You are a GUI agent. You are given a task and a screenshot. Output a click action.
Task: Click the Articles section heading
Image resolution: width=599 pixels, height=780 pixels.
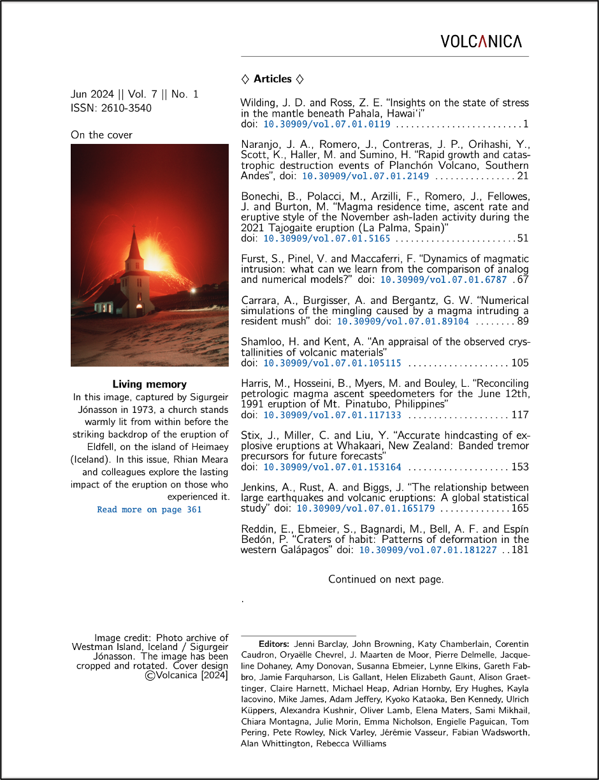point(273,79)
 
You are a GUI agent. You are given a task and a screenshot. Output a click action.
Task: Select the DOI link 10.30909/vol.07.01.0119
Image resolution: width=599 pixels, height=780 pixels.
point(327,124)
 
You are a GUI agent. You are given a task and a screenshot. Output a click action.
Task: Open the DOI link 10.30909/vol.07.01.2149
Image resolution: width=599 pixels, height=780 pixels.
point(365,176)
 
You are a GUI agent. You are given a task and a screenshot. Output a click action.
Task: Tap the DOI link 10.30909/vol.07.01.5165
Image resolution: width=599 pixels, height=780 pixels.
point(327,238)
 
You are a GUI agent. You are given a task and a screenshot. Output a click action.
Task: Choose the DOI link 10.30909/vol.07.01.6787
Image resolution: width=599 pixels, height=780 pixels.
point(444,279)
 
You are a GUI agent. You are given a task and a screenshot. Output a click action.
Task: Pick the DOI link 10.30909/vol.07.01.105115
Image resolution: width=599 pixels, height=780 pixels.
point(332,363)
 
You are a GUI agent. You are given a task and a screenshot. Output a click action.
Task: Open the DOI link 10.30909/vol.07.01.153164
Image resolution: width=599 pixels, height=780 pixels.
point(332,467)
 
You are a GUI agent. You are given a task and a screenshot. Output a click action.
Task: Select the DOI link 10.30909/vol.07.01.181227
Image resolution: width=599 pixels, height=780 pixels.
point(428,550)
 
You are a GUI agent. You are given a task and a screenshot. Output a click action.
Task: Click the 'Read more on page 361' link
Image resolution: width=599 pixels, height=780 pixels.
point(149,510)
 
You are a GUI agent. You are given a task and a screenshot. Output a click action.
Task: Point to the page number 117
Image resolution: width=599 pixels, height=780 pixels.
point(520,415)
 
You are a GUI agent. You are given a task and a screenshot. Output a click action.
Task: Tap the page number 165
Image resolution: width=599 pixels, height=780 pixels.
point(520,509)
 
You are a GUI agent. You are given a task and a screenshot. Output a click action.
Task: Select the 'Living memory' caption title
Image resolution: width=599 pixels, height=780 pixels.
point(150,384)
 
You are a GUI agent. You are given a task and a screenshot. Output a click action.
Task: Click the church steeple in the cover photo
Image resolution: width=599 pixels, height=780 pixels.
point(134,245)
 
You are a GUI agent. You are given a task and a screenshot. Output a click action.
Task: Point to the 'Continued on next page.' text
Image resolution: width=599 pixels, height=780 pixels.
point(386,579)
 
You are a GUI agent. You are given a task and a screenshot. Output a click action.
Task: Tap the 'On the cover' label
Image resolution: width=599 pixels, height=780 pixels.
point(102,135)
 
